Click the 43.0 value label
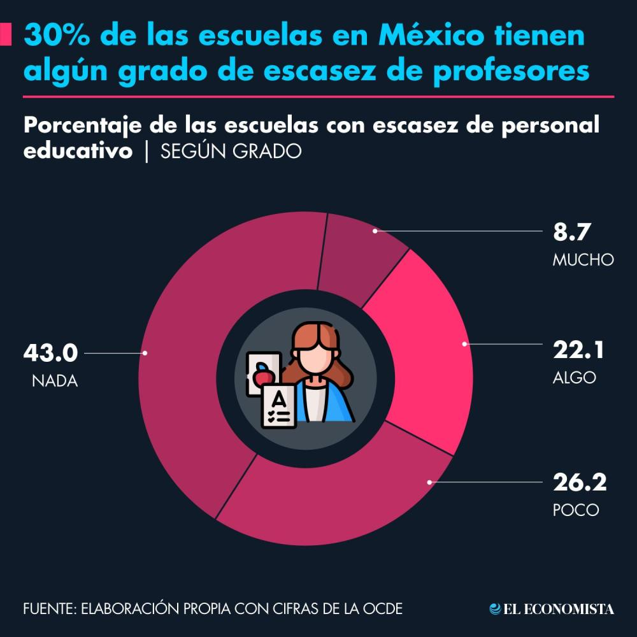point(50,352)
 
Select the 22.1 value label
point(578,350)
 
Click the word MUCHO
point(583,260)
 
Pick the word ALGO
point(575,377)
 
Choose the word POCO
point(576,510)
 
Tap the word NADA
point(55,382)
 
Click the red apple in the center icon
point(261,375)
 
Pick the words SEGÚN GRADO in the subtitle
point(231,152)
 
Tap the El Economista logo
point(552,609)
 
